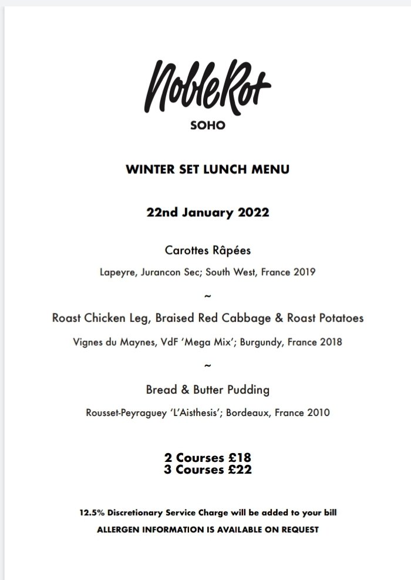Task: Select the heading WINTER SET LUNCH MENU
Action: click(207, 170)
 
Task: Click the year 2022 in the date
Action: click(254, 213)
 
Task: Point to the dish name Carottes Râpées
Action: click(208, 251)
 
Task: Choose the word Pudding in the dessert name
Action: click(248, 390)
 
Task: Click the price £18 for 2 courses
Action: click(236, 458)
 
